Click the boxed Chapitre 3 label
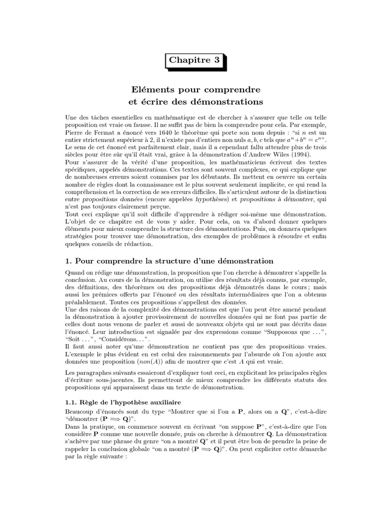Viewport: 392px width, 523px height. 195,60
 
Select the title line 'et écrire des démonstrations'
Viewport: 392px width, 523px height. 196,102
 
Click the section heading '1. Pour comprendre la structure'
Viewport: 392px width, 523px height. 170,261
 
